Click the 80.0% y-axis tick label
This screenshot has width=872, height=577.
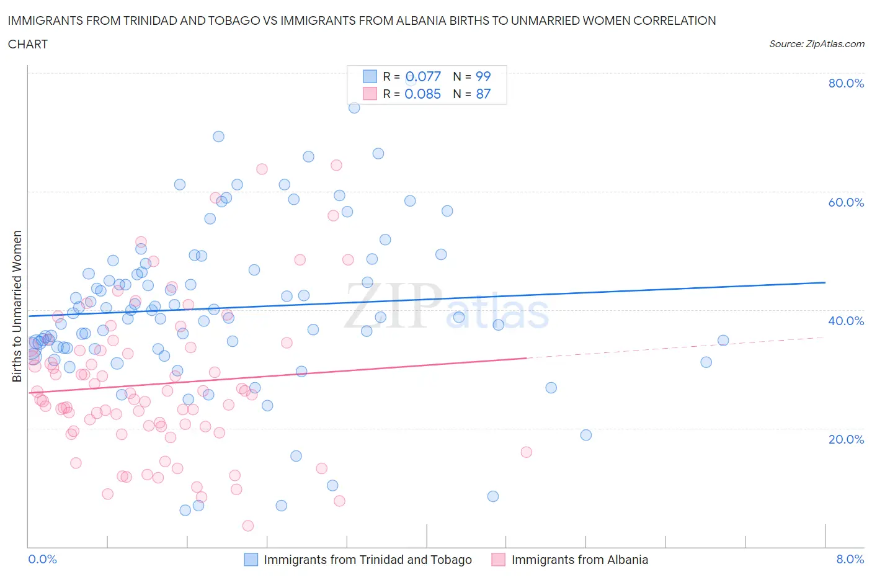point(846,83)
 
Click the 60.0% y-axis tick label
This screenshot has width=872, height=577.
point(846,202)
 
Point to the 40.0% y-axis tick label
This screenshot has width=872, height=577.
point(846,321)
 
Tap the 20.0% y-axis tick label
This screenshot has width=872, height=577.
point(846,439)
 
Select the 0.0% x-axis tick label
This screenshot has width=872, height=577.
point(43,559)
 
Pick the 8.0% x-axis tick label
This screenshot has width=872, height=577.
point(850,559)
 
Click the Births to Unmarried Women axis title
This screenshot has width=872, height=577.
point(17,306)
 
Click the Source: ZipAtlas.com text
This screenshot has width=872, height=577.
point(816,44)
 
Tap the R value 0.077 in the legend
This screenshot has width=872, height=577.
point(423,76)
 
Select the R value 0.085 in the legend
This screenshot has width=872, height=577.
point(423,94)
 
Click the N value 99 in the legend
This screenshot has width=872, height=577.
point(483,76)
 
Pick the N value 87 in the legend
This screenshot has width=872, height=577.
point(483,94)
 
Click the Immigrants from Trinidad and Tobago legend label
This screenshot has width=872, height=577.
point(368,560)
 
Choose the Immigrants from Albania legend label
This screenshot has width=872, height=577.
point(579,560)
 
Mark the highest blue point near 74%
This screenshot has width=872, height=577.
point(354,107)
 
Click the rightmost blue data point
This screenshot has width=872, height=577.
point(723,340)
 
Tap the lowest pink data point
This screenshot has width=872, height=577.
point(248,526)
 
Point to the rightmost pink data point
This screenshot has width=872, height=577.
point(527,452)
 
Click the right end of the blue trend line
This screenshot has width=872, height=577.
point(825,282)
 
